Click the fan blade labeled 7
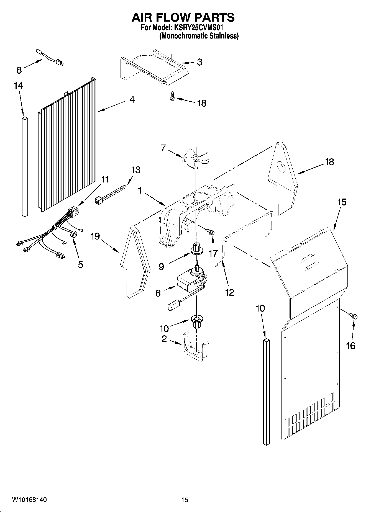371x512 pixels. pyautogui.click(x=195, y=158)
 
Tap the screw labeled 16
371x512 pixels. pyautogui.click(x=353, y=315)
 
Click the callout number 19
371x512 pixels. pyautogui.click(x=95, y=237)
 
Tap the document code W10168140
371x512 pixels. pyautogui.click(x=29, y=500)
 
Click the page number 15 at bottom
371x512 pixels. pyautogui.click(x=185, y=500)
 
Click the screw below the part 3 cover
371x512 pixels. pyautogui.click(x=172, y=97)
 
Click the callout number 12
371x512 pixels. pyautogui.click(x=229, y=292)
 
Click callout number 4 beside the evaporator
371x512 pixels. pyautogui.click(x=132, y=99)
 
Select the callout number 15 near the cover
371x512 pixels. pyautogui.click(x=342, y=202)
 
